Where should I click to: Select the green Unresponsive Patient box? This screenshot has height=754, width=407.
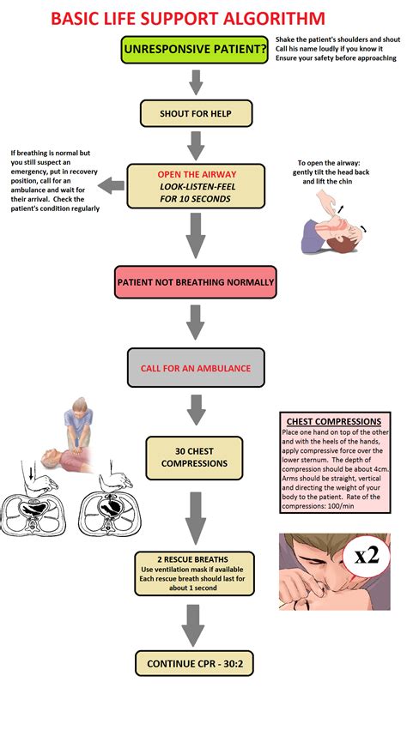pyautogui.click(x=194, y=51)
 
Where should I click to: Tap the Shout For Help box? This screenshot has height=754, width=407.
pyautogui.click(x=194, y=113)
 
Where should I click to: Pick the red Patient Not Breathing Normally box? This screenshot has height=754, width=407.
pyautogui.click(x=195, y=281)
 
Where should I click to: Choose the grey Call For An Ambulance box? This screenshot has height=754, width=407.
pyautogui.click(x=195, y=368)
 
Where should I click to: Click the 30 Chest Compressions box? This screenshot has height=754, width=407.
pyautogui.click(x=195, y=456)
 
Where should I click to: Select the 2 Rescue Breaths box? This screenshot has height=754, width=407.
pyautogui.click(x=195, y=574)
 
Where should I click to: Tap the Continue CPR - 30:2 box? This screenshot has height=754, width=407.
pyautogui.click(x=195, y=662)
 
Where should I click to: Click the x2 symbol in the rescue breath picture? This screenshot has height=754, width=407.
pyautogui.click(x=367, y=556)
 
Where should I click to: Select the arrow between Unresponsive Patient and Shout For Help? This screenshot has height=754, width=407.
pyautogui.click(x=195, y=82)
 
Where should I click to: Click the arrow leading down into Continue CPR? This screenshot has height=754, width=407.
pyautogui.click(x=194, y=624)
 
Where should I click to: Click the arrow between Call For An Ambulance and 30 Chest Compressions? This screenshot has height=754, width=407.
pyautogui.click(x=195, y=410)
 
